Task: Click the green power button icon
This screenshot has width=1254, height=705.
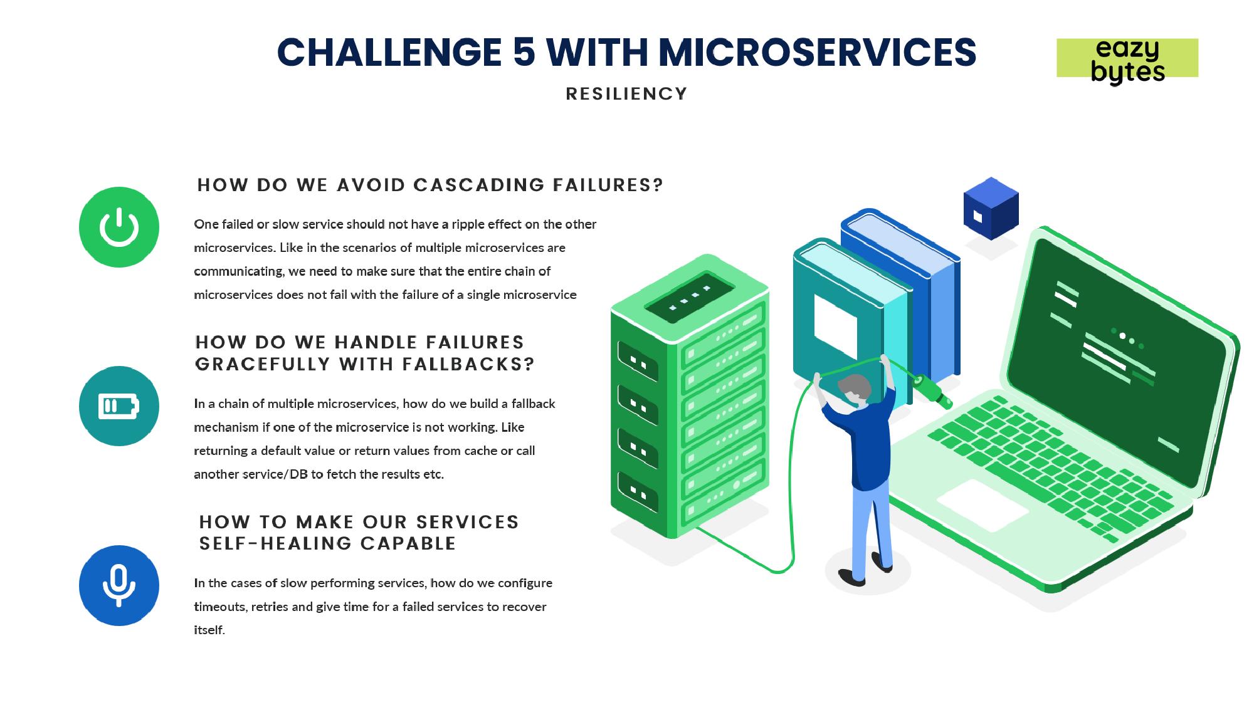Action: pyautogui.click(x=119, y=227)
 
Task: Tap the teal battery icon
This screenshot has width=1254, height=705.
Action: pyautogui.click(x=119, y=406)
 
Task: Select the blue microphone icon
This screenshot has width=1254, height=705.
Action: pyautogui.click(x=119, y=585)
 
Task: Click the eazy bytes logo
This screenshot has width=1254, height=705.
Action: pyautogui.click(x=1127, y=60)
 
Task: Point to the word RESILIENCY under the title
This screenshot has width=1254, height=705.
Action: pyautogui.click(x=626, y=94)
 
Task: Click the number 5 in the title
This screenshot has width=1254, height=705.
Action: pyautogui.click(x=524, y=52)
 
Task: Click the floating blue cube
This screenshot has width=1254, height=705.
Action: pyautogui.click(x=991, y=208)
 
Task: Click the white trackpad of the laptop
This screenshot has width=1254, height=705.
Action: pyautogui.click(x=983, y=505)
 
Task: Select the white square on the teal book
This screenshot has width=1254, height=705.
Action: pyautogui.click(x=835, y=325)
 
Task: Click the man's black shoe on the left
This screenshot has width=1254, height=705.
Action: pyautogui.click(x=851, y=577)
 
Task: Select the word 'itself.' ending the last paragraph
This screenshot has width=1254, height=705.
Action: pyautogui.click(x=209, y=630)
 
